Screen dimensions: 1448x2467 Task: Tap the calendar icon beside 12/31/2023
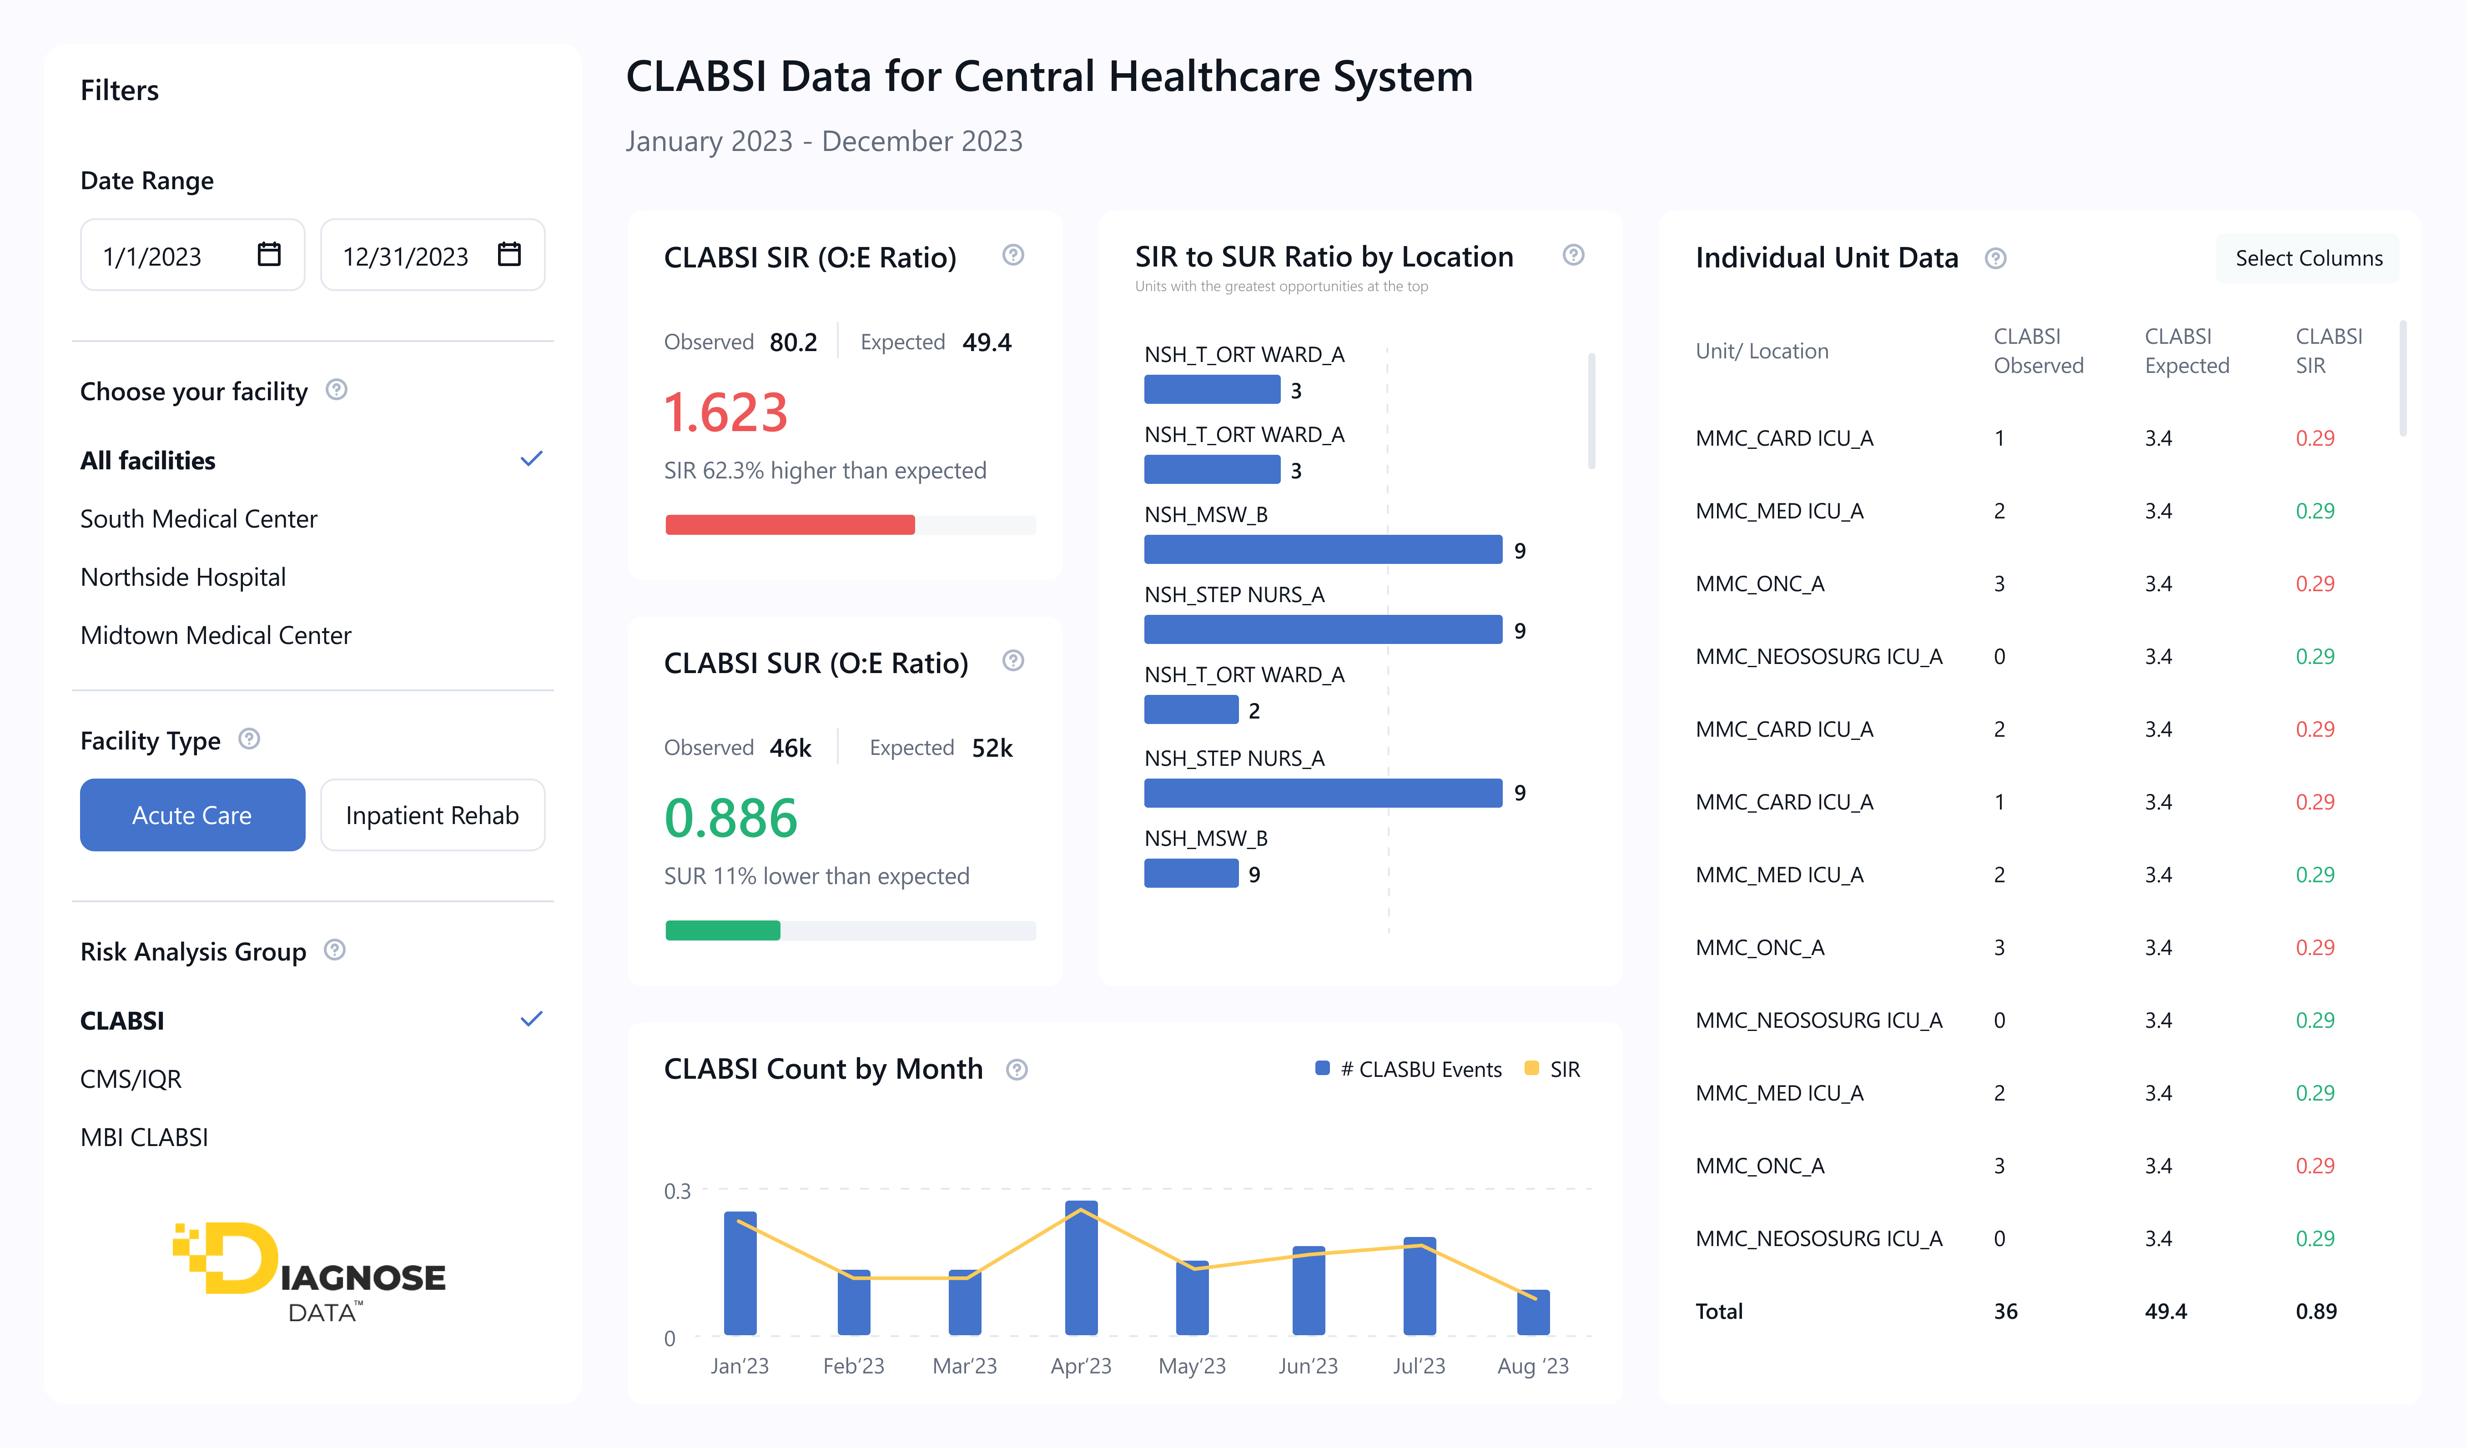coord(509,255)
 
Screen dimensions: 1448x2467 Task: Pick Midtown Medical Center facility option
coord(216,635)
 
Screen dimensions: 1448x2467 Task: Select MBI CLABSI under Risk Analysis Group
coord(144,1136)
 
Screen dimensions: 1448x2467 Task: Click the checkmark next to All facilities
coord(531,459)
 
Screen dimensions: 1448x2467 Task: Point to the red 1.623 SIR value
coord(725,412)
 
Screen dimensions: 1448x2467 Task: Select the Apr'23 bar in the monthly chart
coord(1081,1268)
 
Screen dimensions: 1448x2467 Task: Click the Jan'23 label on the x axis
coord(739,1366)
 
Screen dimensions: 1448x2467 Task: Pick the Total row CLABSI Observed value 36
coord(2005,1311)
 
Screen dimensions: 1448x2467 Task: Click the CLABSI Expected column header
coord(2186,351)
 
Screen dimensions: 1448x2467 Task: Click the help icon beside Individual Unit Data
coord(1995,258)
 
